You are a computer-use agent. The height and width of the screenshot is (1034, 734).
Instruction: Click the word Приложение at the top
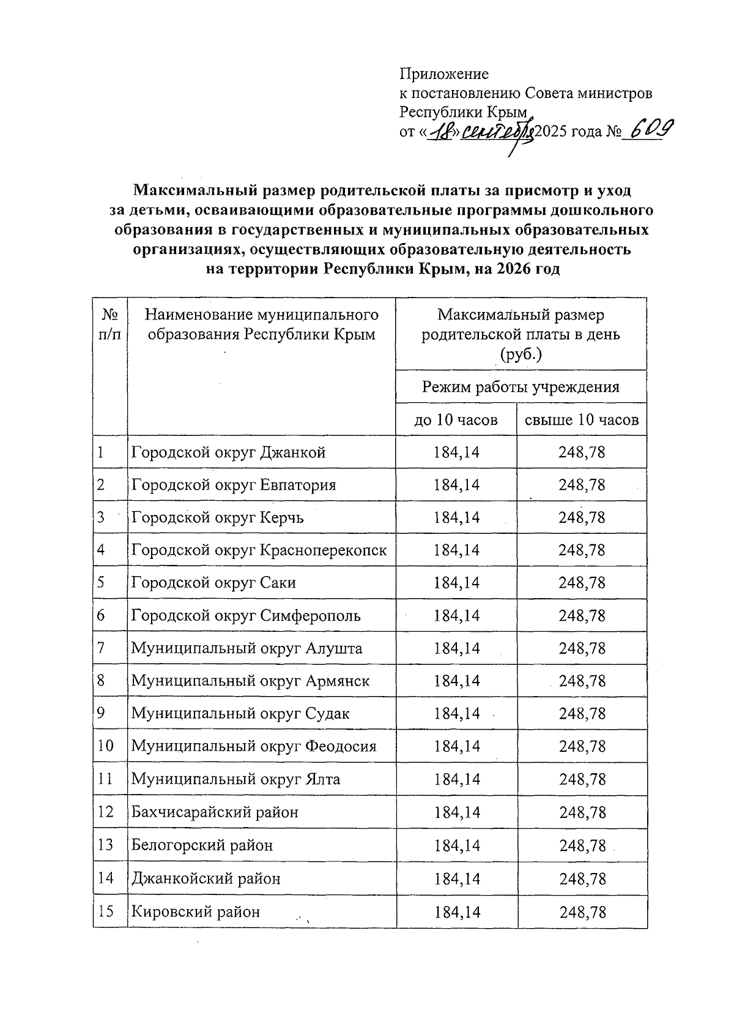tap(444, 74)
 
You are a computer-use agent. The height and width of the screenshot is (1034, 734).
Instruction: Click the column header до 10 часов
tap(456, 420)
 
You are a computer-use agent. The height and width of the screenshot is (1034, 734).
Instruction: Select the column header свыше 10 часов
tap(581, 420)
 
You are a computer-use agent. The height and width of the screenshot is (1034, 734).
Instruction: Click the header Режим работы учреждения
tap(521, 387)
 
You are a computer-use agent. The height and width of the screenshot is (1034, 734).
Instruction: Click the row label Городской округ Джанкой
tap(228, 452)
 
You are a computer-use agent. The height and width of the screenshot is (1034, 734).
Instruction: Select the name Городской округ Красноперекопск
tap(259, 550)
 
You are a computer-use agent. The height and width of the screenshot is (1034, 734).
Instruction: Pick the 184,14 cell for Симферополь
tap(456, 615)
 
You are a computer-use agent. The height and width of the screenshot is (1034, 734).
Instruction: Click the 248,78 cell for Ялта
tap(582, 779)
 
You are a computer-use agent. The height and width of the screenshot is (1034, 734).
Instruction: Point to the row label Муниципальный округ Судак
tap(240, 714)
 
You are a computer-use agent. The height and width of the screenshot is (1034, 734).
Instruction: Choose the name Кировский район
tap(195, 912)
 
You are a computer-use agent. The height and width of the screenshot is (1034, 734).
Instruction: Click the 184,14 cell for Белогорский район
tap(456, 845)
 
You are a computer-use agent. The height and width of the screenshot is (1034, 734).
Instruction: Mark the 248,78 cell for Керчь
tap(582, 517)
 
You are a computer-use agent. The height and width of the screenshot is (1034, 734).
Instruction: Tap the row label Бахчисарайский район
tap(215, 812)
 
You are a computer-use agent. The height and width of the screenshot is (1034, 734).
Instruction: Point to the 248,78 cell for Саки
tap(582, 583)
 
